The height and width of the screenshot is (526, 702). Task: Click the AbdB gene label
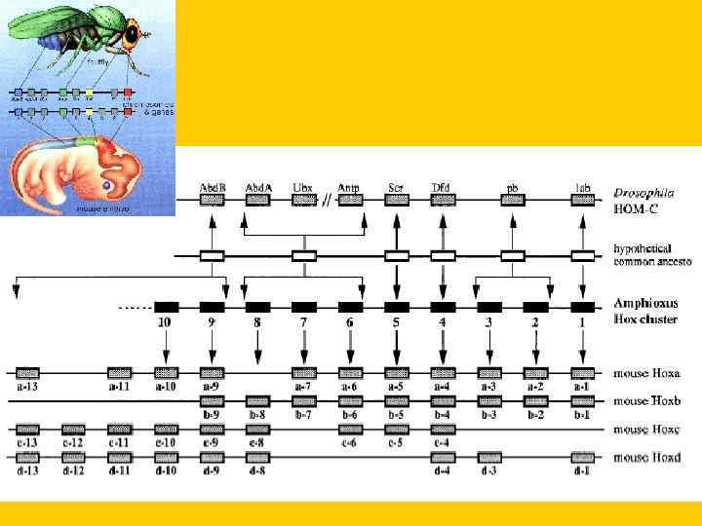pyautogui.click(x=213, y=187)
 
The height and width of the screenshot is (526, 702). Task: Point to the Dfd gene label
pyautogui.click(x=443, y=187)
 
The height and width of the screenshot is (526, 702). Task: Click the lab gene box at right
pyautogui.click(x=582, y=200)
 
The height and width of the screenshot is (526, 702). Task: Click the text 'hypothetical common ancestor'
pyautogui.click(x=647, y=254)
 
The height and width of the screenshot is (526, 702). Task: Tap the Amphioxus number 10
pyautogui.click(x=165, y=321)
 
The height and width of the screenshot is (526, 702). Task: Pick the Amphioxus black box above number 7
pyautogui.click(x=304, y=306)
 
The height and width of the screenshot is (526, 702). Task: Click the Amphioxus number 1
pyautogui.click(x=582, y=321)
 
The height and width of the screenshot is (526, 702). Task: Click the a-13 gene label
pyautogui.click(x=27, y=387)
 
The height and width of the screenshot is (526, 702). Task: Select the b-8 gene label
pyautogui.click(x=257, y=415)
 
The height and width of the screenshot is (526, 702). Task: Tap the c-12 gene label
pyautogui.click(x=73, y=443)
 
